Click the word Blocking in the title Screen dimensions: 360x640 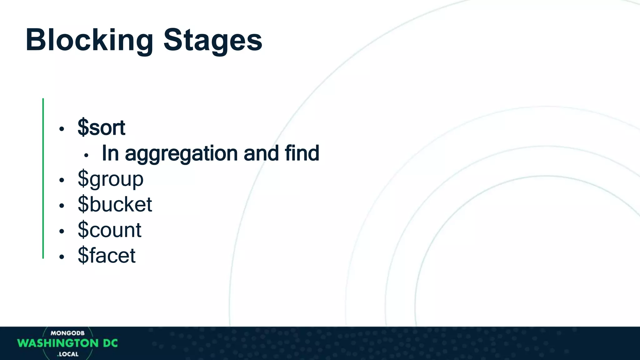[89, 40]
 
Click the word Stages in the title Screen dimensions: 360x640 [212, 40]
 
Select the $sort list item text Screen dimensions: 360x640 [101, 127]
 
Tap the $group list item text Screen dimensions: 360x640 [110, 179]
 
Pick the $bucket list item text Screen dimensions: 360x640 [115, 204]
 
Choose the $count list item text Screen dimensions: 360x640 [109, 230]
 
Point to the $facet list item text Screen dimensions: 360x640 [106, 255]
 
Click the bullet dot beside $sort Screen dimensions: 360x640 [62, 129]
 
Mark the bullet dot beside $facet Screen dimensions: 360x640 [62, 257]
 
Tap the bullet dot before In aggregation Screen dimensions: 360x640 [86, 155]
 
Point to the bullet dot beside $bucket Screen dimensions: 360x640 [62, 206]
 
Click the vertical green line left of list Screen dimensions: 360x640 [43, 178]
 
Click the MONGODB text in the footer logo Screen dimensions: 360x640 [67, 333]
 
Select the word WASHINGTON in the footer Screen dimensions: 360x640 [58, 343]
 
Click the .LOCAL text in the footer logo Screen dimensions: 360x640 [68, 354]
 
